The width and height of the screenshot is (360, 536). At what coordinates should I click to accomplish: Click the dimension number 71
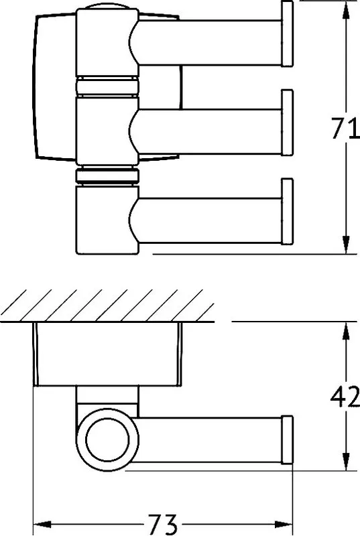(345, 128)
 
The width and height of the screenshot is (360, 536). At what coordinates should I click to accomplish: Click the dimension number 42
(345, 396)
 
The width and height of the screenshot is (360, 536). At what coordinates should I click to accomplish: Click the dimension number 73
(163, 524)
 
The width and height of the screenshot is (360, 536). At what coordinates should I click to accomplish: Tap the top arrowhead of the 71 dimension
(346, 9)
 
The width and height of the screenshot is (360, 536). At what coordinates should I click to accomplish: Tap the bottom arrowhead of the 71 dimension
(346, 245)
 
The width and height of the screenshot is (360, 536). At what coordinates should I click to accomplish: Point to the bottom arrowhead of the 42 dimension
(346, 462)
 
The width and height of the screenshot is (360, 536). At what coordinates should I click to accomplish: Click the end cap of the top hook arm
(287, 33)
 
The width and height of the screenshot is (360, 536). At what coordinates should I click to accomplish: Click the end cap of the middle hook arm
(287, 123)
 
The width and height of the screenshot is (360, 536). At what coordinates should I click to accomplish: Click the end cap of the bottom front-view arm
(287, 211)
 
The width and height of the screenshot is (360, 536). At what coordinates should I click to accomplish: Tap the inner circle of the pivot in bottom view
(108, 440)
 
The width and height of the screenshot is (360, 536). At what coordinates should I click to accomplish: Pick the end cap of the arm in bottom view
(287, 440)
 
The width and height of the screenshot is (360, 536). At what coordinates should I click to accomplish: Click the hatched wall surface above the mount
(107, 306)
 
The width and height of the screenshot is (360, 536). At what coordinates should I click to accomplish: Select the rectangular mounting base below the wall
(108, 354)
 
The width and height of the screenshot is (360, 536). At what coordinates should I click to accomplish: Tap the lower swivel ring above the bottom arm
(107, 176)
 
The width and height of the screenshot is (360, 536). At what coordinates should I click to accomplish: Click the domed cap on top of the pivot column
(107, 7)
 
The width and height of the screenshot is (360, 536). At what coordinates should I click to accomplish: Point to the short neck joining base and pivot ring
(107, 397)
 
